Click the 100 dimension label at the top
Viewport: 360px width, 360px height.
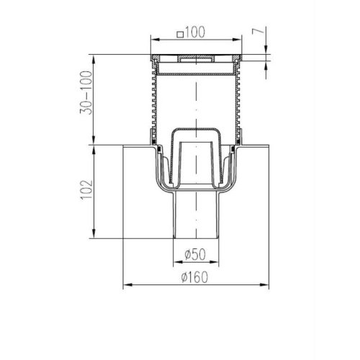tap(195, 32)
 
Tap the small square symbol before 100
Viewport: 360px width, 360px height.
tap(180, 35)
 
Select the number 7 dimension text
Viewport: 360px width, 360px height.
tap(258, 31)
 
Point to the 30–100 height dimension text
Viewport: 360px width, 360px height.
tap(86, 93)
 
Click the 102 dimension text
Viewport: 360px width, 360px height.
tap(86, 189)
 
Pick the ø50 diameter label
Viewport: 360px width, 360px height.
tap(195, 254)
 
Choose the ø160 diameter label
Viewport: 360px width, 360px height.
tap(194, 277)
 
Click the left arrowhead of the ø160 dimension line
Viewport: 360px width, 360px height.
tap(127, 285)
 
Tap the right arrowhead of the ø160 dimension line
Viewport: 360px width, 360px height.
tap(264, 285)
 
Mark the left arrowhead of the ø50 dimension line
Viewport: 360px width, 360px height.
tap(178, 262)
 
